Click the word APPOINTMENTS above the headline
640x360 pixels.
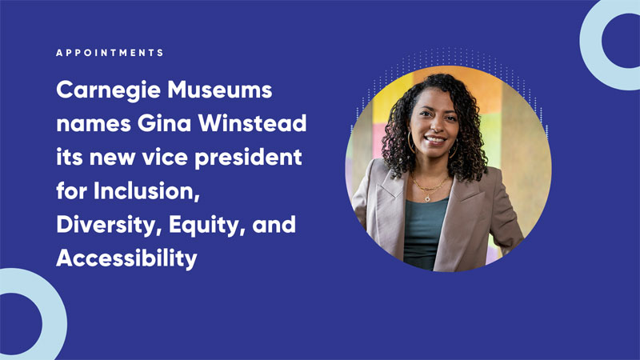tap(110, 53)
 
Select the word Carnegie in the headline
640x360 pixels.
tap(108, 90)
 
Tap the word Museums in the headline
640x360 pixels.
tap(219, 90)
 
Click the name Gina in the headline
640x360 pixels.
tap(165, 123)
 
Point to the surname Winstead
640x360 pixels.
tap(252, 123)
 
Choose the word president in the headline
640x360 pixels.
tap(248, 158)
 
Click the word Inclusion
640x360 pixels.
tap(146, 191)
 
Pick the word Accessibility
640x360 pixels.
tap(126, 258)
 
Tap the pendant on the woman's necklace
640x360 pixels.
tap(427, 198)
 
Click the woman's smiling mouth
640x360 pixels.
tap(434, 140)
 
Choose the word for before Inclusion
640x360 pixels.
tap(71, 190)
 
